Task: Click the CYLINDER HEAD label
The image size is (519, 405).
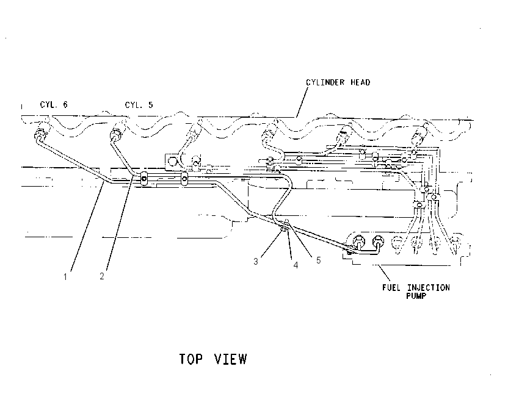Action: click(338, 82)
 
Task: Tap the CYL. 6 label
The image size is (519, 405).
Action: click(54, 104)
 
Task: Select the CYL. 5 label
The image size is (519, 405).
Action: click(139, 105)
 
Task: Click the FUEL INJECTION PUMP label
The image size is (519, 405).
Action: click(416, 292)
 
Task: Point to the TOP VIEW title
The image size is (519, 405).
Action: click(213, 359)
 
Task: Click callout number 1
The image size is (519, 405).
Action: click(65, 277)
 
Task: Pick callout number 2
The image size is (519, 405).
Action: click(102, 276)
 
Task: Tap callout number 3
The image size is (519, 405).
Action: click(255, 262)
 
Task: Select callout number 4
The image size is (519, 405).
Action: click(296, 265)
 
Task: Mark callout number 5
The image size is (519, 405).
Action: click(318, 260)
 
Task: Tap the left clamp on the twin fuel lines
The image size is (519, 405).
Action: click(144, 179)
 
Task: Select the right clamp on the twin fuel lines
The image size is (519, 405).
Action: click(184, 179)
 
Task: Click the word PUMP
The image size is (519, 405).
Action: click(416, 296)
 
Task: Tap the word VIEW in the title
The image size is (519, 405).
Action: click(231, 359)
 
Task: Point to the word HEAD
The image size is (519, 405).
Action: click(360, 82)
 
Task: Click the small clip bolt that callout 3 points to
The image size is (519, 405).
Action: click(283, 229)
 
